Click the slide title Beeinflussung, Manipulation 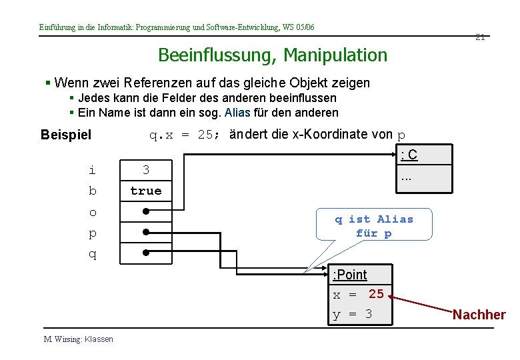coord(272,55)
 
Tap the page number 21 coord(479,37)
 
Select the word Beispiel coord(66,135)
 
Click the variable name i coord(92,170)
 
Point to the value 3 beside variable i coord(145,170)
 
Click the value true coord(145,191)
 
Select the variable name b coord(92,191)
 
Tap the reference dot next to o coord(145,211)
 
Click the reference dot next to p coord(145,233)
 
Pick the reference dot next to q coord(145,253)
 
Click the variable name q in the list coord(92,254)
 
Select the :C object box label coord(409,155)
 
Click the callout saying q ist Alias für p coord(374,226)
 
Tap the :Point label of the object coord(350,275)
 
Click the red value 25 coord(376,293)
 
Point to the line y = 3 coord(352,314)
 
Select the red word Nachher coord(479,315)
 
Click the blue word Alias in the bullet coord(238,113)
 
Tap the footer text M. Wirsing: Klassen coord(78,339)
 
